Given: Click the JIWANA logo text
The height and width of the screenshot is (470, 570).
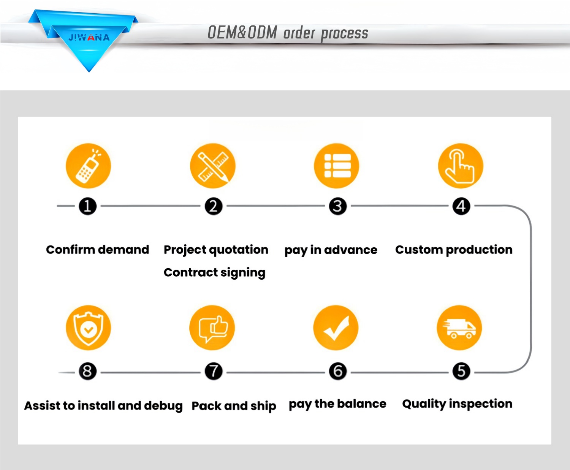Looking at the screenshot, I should point(89,38).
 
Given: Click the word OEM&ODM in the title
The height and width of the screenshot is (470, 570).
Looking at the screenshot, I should point(242,33).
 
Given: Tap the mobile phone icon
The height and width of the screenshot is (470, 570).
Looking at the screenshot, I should point(88,166).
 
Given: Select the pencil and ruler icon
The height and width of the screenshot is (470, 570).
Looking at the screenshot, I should point(213,166).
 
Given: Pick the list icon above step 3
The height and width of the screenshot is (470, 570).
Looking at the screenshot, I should point(337,166).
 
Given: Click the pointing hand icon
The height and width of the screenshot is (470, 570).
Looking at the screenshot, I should point(461,166).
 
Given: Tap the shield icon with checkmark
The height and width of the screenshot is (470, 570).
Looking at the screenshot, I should point(88,328).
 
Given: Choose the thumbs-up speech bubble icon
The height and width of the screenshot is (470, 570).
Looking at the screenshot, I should point(212,328).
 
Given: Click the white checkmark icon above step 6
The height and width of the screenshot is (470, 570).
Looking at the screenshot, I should point(336,328).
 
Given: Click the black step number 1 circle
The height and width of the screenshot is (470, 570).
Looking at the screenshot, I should point(87,206).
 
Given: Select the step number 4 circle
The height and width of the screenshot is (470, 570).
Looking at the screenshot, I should point(461,206).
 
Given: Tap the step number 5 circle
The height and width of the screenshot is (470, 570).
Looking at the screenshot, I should point(461,371).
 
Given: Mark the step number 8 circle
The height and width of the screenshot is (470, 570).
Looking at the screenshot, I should point(87,371).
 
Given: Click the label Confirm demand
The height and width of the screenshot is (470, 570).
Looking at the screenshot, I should point(97,250).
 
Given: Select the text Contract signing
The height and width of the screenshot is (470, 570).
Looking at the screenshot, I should point(214,272).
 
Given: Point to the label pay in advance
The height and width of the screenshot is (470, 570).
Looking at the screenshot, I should point(331,250).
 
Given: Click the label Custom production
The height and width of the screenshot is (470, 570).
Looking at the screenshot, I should point(454,250).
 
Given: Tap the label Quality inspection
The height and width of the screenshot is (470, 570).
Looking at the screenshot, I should point(457,404).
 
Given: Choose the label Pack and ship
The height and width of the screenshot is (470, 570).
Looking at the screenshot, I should point(234,406).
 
